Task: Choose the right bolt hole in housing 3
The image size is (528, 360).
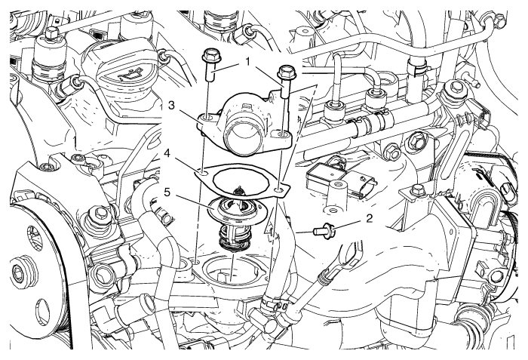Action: [283, 137]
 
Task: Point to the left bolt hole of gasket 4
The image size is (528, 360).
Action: [202, 171]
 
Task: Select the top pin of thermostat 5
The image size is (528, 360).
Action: [239, 192]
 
